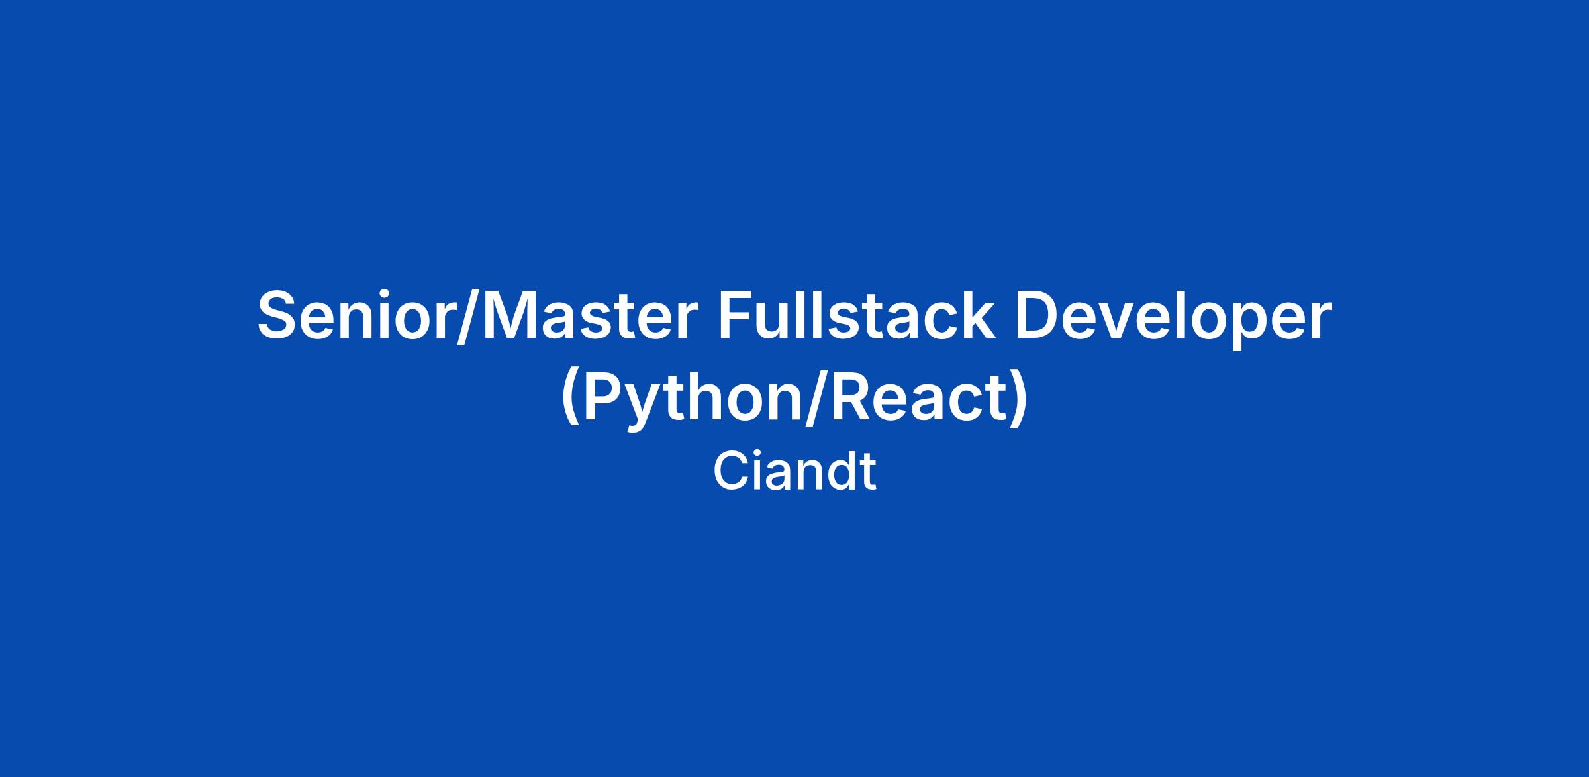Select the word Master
[590, 316]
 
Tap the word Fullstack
[857, 315]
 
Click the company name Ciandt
[794, 471]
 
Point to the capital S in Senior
[278, 316]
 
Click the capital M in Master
[512, 316]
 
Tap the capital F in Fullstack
[736, 316]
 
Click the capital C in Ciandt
[731, 471]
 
